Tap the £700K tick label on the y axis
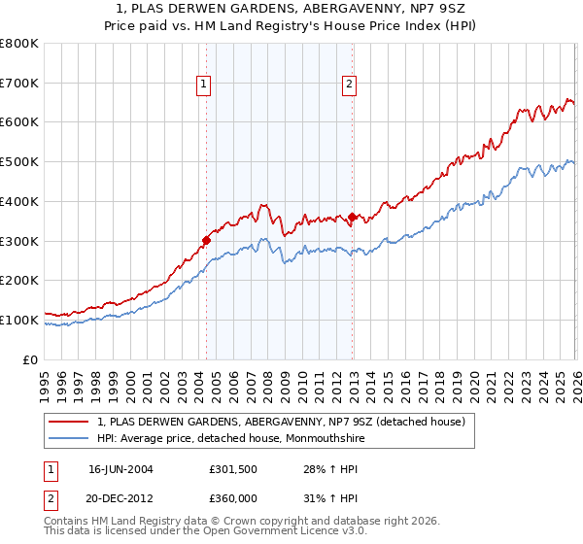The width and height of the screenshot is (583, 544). pyautogui.click(x=18, y=83)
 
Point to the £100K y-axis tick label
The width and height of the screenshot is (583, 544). pyautogui.click(x=18, y=320)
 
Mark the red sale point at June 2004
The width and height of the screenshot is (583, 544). pyautogui.click(x=206, y=240)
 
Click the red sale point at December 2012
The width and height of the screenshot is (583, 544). pyautogui.click(x=352, y=217)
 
